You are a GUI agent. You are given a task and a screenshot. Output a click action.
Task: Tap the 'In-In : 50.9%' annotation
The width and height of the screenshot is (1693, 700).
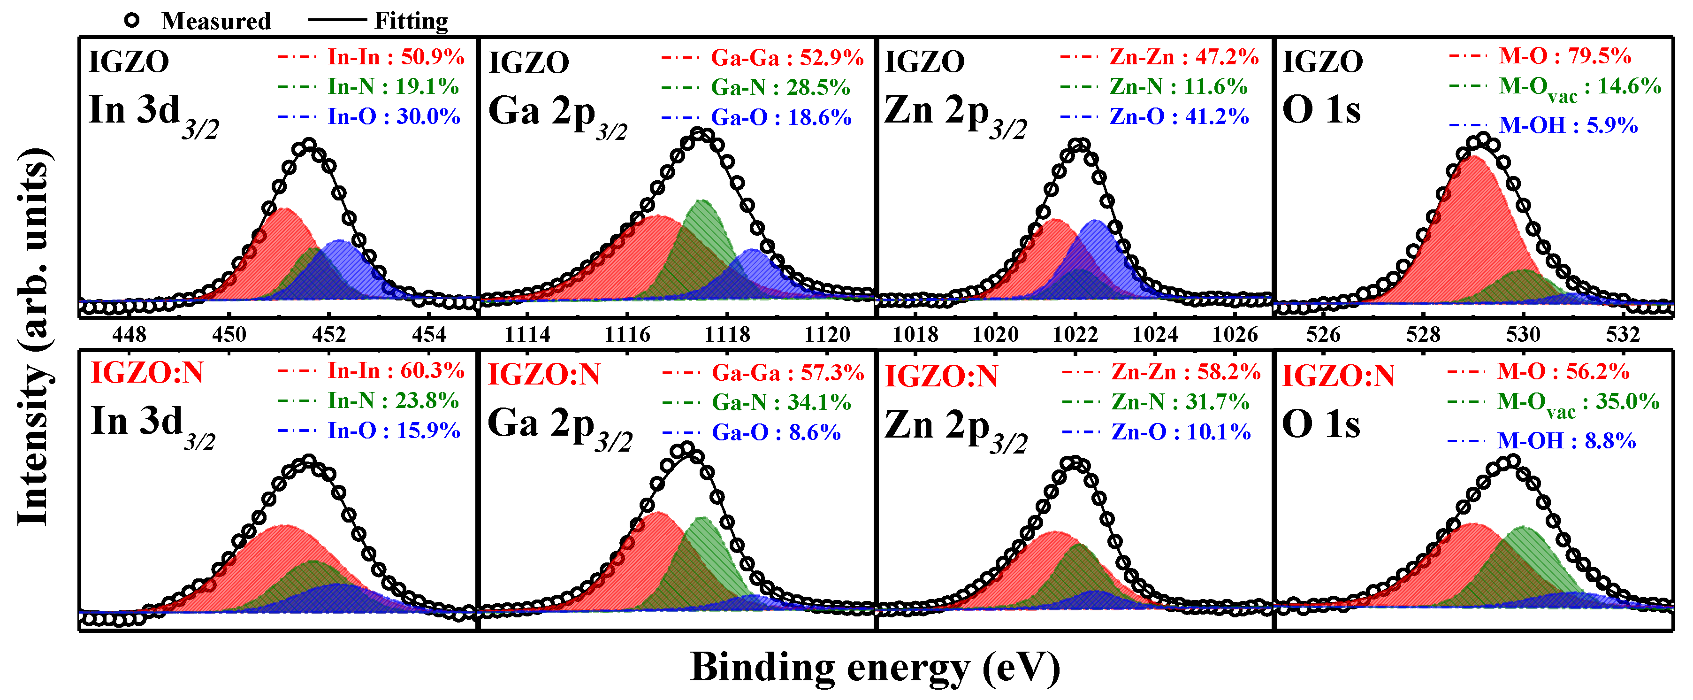click(396, 57)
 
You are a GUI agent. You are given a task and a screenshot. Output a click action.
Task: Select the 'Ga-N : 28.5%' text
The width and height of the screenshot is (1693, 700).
click(780, 87)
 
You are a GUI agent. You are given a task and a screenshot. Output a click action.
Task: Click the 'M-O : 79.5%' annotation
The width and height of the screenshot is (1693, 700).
click(1565, 56)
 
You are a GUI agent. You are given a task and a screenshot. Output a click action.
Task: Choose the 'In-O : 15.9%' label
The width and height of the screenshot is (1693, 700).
click(394, 431)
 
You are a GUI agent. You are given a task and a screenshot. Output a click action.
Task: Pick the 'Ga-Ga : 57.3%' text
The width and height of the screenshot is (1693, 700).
click(787, 373)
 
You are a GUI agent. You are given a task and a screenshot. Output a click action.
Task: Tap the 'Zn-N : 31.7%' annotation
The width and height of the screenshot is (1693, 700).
click(1180, 401)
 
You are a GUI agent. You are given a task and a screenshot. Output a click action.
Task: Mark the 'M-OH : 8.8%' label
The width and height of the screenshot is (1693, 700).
click(1566, 441)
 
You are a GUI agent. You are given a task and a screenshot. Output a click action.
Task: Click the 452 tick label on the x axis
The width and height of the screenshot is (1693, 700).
click(328, 335)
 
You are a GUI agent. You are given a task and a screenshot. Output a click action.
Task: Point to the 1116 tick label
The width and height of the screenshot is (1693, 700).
click(627, 335)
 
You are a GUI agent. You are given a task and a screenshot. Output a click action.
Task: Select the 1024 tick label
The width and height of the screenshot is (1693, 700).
click(1155, 335)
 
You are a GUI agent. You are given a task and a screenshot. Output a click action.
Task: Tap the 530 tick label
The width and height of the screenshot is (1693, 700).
click(1523, 335)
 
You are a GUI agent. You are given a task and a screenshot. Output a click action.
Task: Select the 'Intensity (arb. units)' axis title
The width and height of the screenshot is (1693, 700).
click(33, 335)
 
